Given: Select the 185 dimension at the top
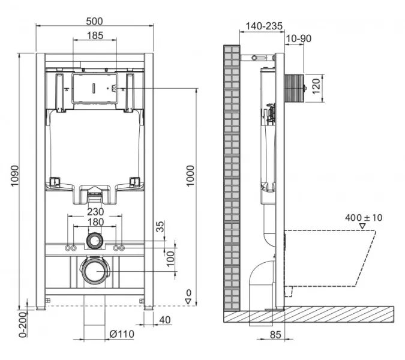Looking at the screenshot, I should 94,35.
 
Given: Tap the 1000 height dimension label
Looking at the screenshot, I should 191,176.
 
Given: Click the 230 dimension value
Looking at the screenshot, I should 95,211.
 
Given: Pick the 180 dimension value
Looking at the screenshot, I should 95,222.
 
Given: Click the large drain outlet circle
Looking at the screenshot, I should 94,272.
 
